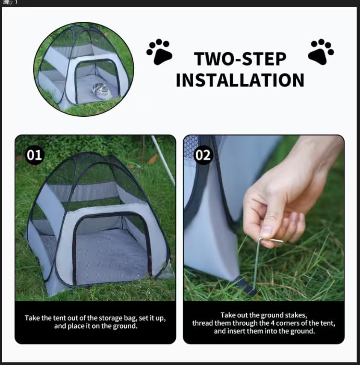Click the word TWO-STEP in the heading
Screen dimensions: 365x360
(x=240, y=59)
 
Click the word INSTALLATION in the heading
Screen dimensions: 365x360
(x=240, y=80)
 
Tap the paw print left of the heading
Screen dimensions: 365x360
(x=159, y=52)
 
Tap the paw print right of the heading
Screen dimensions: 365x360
(x=321, y=51)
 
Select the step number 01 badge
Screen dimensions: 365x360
(x=34, y=155)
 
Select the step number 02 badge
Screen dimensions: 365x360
(x=203, y=155)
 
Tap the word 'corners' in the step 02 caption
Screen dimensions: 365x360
(x=297, y=323)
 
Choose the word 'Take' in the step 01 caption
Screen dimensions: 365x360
(x=32, y=318)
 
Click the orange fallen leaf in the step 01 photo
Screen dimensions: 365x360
(x=153, y=159)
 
